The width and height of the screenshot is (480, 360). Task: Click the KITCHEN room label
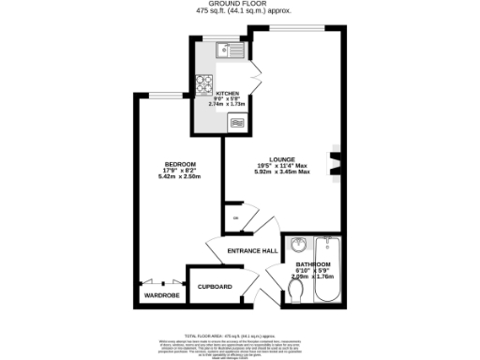point(228,94)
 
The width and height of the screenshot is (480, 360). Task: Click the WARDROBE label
point(160,295)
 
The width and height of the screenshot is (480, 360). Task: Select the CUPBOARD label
point(215,286)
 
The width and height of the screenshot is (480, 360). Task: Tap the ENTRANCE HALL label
point(253,251)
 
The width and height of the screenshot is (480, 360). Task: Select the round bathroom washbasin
point(298,246)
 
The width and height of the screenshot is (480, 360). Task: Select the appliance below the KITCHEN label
point(237,121)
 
